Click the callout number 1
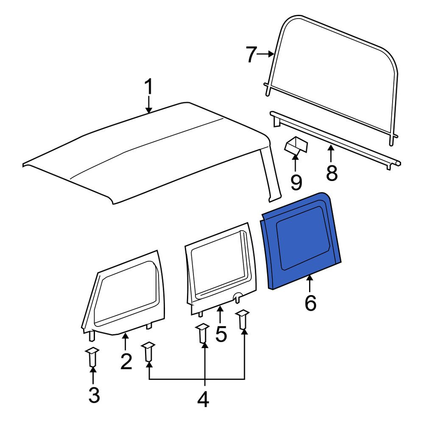coord(148,86)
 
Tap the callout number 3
coord(94,395)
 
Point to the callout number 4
coord(203,399)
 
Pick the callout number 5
coord(221,334)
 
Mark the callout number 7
coord(251,55)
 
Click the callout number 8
coord(332,173)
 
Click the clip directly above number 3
coord(92,357)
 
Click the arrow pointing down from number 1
coord(148,104)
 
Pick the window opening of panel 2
coord(126,293)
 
